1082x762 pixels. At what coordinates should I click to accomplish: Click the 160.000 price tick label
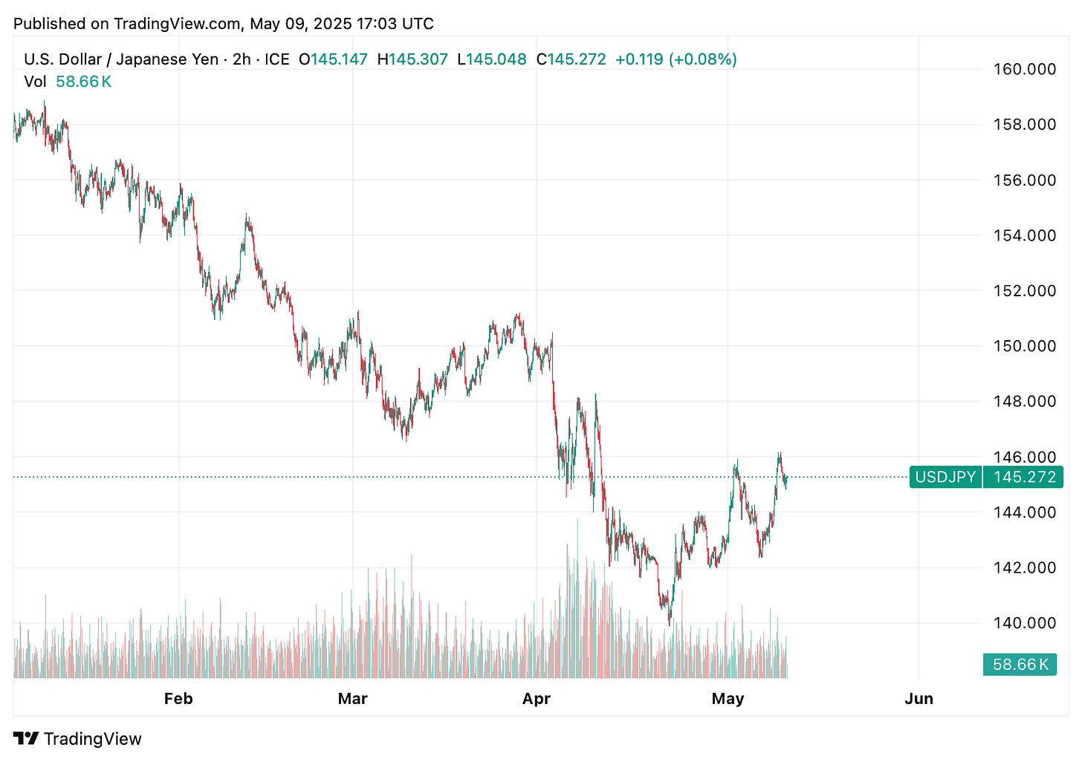click(x=1024, y=69)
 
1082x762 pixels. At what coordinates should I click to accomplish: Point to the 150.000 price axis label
click(x=1024, y=346)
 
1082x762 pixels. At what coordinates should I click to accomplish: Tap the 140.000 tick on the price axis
click(x=1024, y=623)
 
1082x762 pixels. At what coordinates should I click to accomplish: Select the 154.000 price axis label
click(x=1024, y=235)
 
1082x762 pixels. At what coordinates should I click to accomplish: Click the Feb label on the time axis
click(x=178, y=699)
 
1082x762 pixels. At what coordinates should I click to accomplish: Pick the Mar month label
click(x=352, y=699)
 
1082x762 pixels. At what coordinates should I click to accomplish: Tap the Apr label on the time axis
click(x=536, y=699)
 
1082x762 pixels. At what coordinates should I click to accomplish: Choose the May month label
click(x=728, y=699)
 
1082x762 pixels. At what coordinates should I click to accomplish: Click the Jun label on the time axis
click(x=919, y=699)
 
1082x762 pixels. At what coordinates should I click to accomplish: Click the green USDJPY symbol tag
click(x=945, y=477)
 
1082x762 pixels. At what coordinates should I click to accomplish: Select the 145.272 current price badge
click(x=1024, y=477)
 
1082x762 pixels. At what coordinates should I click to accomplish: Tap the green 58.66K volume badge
click(x=1020, y=664)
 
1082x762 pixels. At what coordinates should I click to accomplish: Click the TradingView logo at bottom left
click(x=77, y=739)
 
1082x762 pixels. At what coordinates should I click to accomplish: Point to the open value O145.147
click(x=333, y=59)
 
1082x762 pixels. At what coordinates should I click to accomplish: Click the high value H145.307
click(x=412, y=59)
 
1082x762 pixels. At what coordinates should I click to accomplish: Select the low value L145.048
click(x=491, y=59)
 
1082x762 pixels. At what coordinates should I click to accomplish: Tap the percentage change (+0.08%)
click(x=703, y=59)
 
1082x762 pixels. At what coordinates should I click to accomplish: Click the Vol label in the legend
click(x=35, y=82)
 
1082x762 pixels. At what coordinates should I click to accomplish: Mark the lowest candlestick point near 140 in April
click(x=670, y=622)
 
